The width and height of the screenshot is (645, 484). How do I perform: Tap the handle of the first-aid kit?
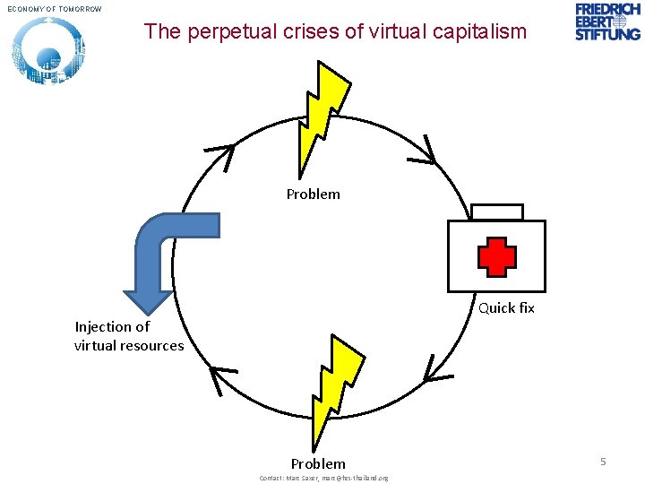[x=496, y=212]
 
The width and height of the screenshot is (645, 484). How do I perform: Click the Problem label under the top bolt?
[x=314, y=194]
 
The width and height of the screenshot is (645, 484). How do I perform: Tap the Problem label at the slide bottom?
[x=318, y=463]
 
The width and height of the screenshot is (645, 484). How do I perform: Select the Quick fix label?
[x=506, y=307]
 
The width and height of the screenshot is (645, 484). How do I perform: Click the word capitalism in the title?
[x=482, y=32]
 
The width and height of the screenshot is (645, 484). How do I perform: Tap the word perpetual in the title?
[x=221, y=32]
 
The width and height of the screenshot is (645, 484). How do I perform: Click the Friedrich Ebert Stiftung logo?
[x=608, y=22]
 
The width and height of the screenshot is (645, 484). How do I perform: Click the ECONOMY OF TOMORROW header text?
[x=56, y=9]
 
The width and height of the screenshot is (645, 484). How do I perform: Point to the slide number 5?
[x=603, y=461]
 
